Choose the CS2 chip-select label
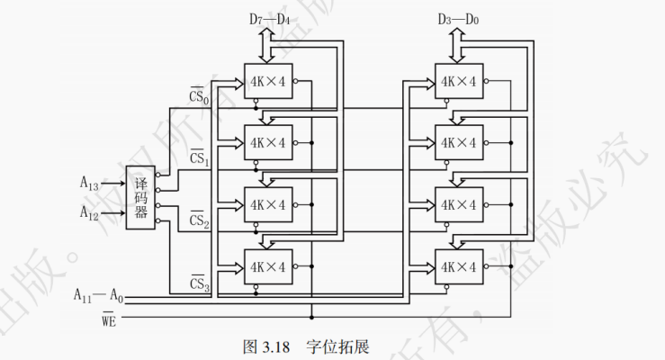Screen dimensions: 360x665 tap(199, 220)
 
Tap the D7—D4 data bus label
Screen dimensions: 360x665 tap(268, 17)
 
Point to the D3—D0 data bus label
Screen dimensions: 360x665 tap(459, 17)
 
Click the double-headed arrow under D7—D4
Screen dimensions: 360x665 tap(268, 40)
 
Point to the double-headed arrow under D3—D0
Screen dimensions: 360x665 tap(459, 40)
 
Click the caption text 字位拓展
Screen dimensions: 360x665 tap(339, 346)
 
